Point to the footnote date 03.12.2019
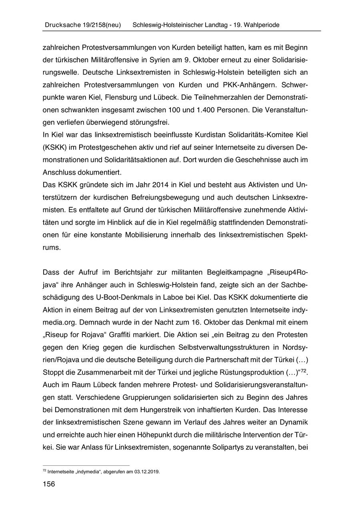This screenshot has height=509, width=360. pyautogui.click(x=146, y=471)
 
